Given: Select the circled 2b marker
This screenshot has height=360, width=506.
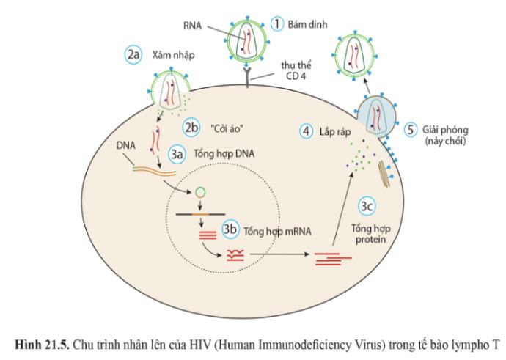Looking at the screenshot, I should [x=192, y=126].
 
